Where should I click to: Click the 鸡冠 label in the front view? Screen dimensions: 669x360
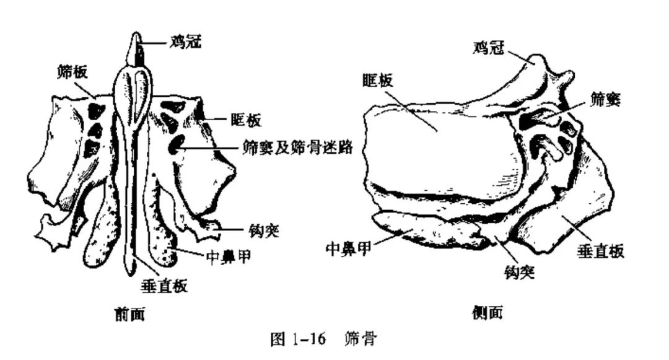coord(186,42)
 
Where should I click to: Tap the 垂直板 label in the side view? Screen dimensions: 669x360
coord(600,250)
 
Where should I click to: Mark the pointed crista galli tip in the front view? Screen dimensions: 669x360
coord(136,35)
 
